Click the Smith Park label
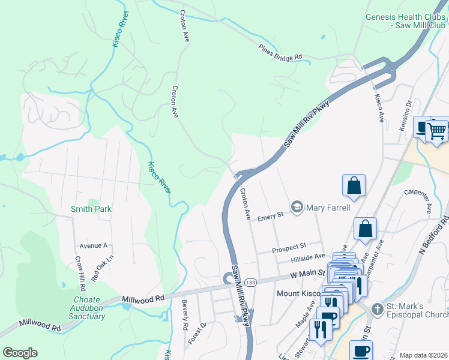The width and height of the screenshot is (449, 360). [x=91, y=209]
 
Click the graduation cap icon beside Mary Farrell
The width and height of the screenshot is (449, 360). [x=297, y=208]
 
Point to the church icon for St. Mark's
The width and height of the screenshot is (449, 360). [x=377, y=310]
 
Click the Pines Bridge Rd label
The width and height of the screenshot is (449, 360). [x=280, y=53]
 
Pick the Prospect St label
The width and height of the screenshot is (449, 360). [x=289, y=246]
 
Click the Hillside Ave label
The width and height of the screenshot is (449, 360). [x=308, y=256]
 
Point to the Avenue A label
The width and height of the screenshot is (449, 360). [x=93, y=246]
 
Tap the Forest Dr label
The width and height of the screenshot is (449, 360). [x=203, y=332]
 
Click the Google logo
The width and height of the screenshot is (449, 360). [x=20, y=353]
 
